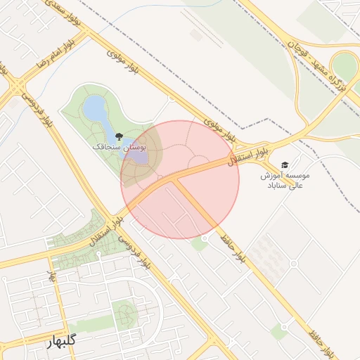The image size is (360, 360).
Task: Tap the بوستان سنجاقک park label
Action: pyautogui.click(x=118, y=148)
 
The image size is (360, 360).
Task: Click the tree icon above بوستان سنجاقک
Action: pyautogui.click(x=117, y=136)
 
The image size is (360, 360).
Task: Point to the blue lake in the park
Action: pyautogui.click(x=94, y=109)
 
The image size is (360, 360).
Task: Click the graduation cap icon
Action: pyautogui.click(x=284, y=165)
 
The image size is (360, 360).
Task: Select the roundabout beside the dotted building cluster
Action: pyautogui.click(x=293, y=264)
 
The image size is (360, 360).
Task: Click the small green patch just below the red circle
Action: pyautogui.click(x=199, y=245)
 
